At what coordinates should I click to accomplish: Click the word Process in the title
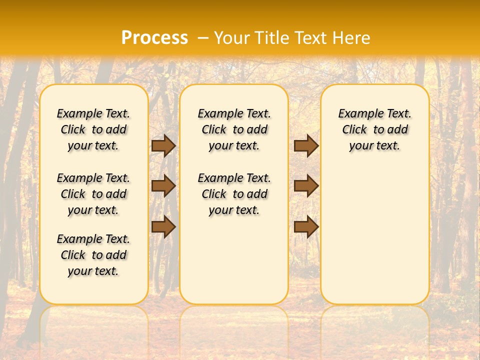(x=154, y=38)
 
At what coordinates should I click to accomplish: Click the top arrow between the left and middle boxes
(x=163, y=145)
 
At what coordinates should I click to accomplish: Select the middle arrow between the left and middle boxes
(x=163, y=186)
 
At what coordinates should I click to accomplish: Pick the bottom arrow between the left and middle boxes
(x=163, y=226)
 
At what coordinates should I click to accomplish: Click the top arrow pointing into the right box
(x=306, y=145)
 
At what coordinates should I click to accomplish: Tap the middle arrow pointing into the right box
(x=306, y=186)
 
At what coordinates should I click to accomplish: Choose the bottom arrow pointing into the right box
(x=306, y=226)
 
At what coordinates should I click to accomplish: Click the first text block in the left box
(x=93, y=129)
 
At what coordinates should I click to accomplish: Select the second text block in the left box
(x=93, y=194)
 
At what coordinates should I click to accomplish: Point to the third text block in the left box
(x=93, y=255)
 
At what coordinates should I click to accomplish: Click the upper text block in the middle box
(x=234, y=129)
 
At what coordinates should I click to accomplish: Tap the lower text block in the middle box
(x=234, y=194)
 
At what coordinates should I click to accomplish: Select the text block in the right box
(x=374, y=129)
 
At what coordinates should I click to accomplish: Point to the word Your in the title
(x=231, y=38)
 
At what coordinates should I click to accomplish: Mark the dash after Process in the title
(x=203, y=38)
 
